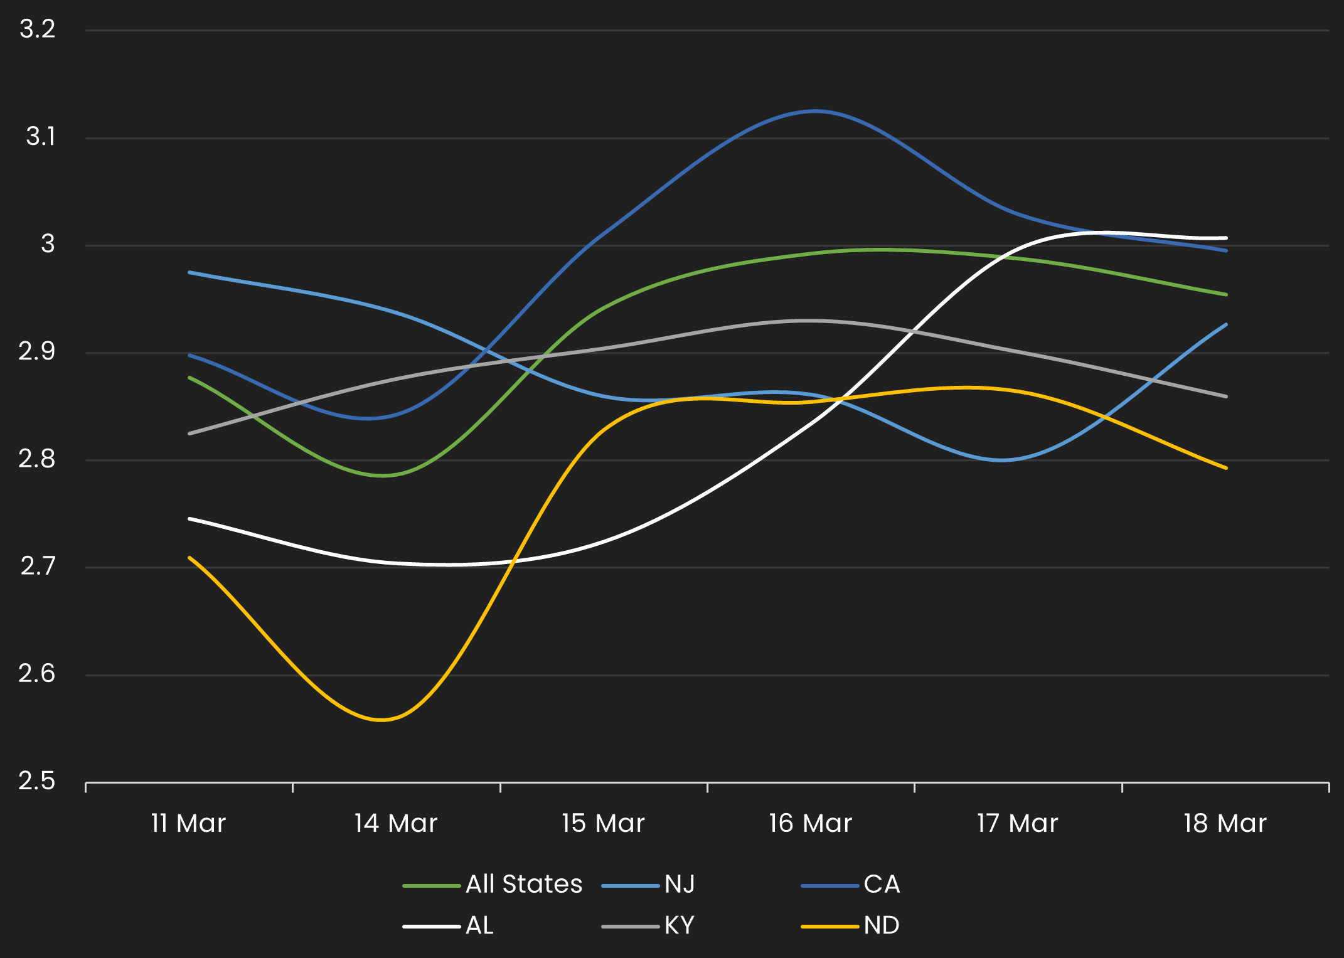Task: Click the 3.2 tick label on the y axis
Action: (x=38, y=29)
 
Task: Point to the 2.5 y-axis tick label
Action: (x=37, y=782)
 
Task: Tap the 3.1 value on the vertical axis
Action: (x=40, y=137)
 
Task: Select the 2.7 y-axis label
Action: (x=38, y=567)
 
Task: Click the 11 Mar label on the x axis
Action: (x=188, y=823)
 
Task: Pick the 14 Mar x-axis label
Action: (x=395, y=823)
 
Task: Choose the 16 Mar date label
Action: (x=810, y=823)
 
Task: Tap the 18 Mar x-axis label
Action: (x=1225, y=823)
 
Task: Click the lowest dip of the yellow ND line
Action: (x=381, y=720)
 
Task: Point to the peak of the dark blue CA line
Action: (x=814, y=111)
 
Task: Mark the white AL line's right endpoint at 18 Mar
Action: (x=1225, y=238)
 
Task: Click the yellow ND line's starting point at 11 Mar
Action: (x=189, y=557)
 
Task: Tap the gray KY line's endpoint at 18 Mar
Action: (x=1225, y=397)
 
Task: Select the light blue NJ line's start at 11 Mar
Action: (x=189, y=272)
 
